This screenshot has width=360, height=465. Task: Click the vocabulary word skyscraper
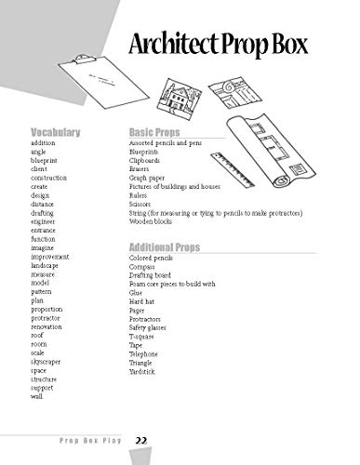48,361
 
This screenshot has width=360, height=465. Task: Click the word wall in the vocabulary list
36,397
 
